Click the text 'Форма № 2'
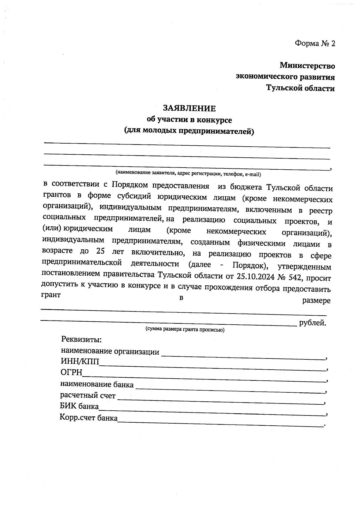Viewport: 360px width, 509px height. tap(315, 44)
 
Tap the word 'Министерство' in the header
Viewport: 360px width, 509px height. tap(307, 65)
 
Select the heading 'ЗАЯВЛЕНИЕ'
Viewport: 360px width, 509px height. tap(189, 108)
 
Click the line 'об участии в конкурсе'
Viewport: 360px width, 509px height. tap(189, 120)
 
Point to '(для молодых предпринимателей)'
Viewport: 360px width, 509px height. tap(189, 131)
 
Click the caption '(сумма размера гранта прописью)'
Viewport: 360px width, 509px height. tap(185, 329)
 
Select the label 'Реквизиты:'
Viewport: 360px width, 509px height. tap(82, 340)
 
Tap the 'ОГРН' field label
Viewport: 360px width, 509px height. tap(71, 373)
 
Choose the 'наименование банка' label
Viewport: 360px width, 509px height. tap(97, 384)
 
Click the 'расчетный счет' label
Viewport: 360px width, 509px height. tap(88, 395)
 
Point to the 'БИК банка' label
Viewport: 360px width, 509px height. tap(79, 406)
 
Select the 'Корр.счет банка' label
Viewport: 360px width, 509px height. tap(88, 418)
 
